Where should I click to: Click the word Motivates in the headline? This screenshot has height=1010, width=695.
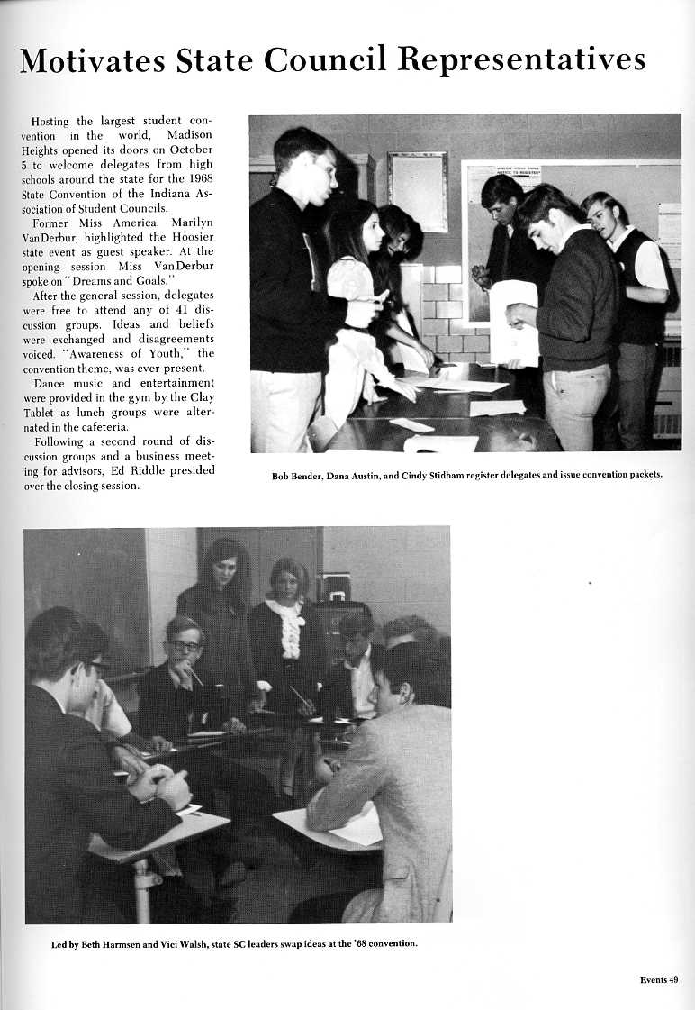[x=87, y=60]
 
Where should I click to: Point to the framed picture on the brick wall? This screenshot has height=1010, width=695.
[x=417, y=191]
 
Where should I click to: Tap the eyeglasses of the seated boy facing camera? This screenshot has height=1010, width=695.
[x=185, y=645]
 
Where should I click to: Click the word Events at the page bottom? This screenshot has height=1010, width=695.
[x=653, y=980]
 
